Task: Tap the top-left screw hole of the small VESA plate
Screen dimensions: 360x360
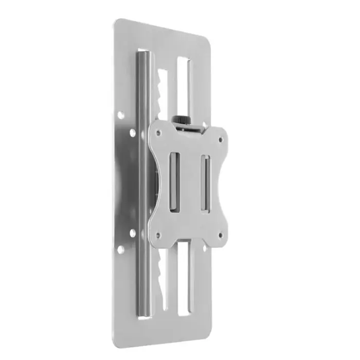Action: (x=158, y=132)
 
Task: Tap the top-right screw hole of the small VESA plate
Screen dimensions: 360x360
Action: (x=221, y=139)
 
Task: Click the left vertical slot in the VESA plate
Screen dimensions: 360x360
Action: (x=174, y=181)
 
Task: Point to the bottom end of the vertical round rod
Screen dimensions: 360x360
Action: (x=144, y=315)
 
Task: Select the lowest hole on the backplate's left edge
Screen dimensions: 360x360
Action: (x=120, y=249)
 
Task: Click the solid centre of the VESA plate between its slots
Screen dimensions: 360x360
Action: (x=190, y=183)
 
